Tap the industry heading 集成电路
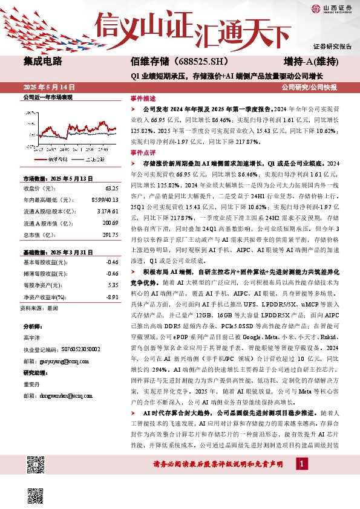click(43, 62)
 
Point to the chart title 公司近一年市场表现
click(47, 97)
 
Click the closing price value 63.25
click(111, 188)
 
